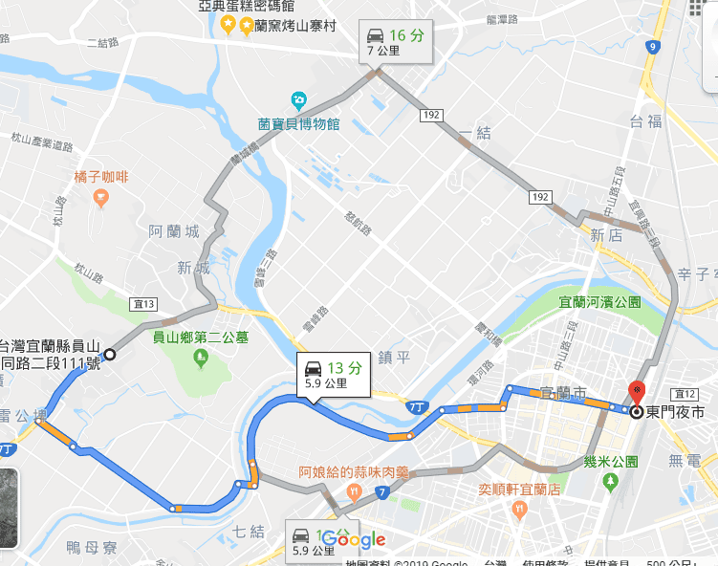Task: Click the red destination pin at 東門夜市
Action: tap(637, 392)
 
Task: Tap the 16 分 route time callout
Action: tap(396, 41)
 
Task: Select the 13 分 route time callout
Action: tap(332, 374)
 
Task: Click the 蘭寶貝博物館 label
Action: tap(298, 123)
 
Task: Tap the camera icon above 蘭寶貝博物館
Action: tap(298, 99)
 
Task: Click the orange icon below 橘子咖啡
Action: tap(100, 197)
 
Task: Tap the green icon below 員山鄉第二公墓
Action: tap(201, 359)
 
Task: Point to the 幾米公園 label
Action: tap(611, 461)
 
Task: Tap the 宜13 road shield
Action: tap(145, 304)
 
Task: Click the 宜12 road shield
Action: tap(685, 394)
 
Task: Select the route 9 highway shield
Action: tap(652, 46)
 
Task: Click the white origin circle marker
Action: tap(110, 354)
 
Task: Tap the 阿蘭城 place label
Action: tap(174, 232)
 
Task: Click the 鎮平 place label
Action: tap(393, 357)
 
